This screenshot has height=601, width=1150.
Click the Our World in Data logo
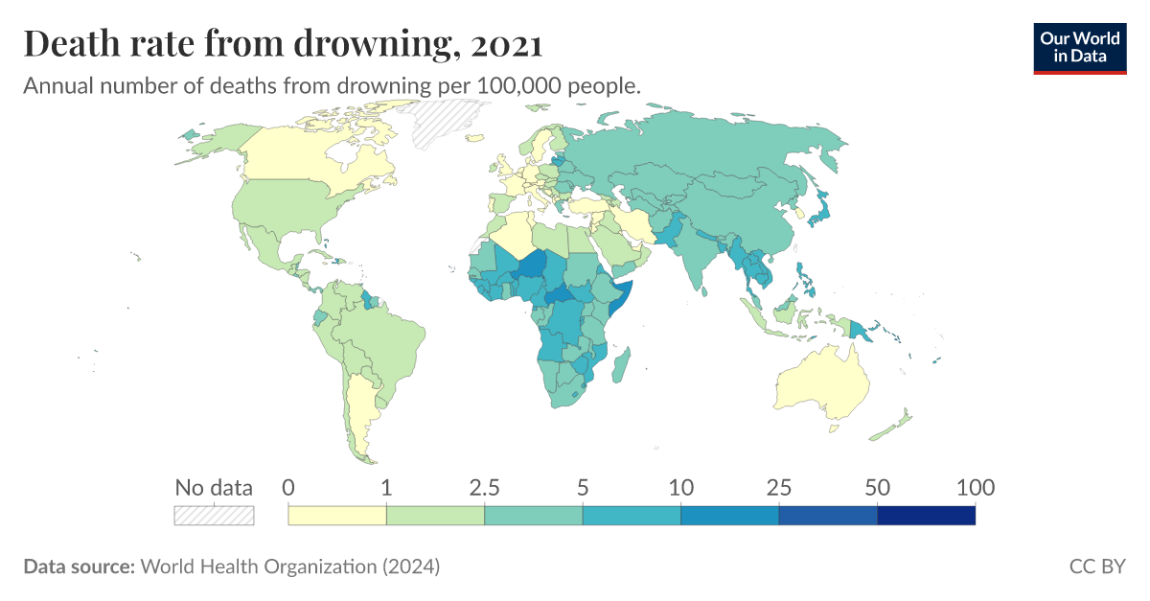(x=1079, y=47)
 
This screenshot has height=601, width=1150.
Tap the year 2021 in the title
(x=507, y=43)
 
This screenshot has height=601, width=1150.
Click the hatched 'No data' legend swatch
(x=214, y=516)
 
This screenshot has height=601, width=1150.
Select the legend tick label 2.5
(x=485, y=488)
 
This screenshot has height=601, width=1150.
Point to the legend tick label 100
(x=975, y=488)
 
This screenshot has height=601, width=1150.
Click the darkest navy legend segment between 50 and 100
(x=926, y=516)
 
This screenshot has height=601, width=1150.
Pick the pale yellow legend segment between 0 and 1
(x=337, y=516)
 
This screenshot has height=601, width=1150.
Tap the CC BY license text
(x=1097, y=566)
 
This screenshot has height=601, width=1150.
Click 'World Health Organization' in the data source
(x=259, y=566)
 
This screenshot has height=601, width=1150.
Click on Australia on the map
(x=821, y=383)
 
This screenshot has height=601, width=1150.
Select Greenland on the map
(x=446, y=125)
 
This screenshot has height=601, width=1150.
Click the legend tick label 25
(x=778, y=488)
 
